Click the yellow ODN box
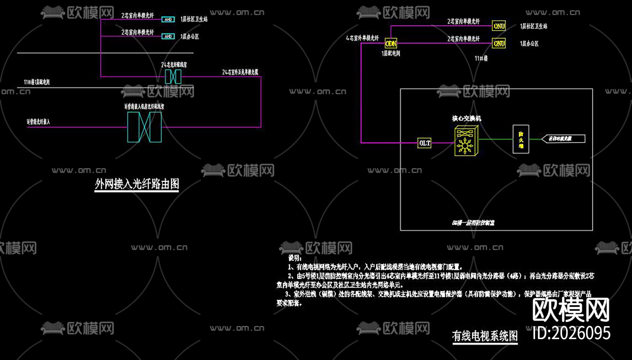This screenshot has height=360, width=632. click(x=391, y=44)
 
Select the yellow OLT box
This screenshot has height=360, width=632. click(x=425, y=143)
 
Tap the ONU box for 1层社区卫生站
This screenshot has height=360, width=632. click(x=499, y=26)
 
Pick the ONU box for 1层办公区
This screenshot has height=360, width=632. click(x=499, y=44)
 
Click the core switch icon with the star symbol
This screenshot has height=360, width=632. click(x=466, y=141)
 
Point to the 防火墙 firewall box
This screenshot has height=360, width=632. click(x=521, y=139)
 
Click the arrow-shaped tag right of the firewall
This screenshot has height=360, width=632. click(x=563, y=139)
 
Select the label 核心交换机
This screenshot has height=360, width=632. click(x=466, y=118)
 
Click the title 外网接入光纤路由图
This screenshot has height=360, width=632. click(x=137, y=184)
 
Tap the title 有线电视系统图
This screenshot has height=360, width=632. click(x=485, y=336)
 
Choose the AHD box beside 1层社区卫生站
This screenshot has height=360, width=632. click(x=168, y=19)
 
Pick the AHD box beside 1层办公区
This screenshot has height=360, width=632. click(x=168, y=36)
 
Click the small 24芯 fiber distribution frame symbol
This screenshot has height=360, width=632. click(x=173, y=77)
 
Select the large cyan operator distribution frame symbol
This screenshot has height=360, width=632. click(x=144, y=127)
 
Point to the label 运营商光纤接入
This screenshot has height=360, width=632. click(x=38, y=122)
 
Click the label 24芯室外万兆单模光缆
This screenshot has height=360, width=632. click(x=240, y=72)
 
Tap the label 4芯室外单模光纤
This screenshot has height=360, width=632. click(x=362, y=38)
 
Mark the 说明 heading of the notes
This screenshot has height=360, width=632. click(x=295, y=258)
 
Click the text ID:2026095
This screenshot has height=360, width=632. click(x=572, y=333)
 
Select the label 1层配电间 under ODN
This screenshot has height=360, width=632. click(x=391, y=53)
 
